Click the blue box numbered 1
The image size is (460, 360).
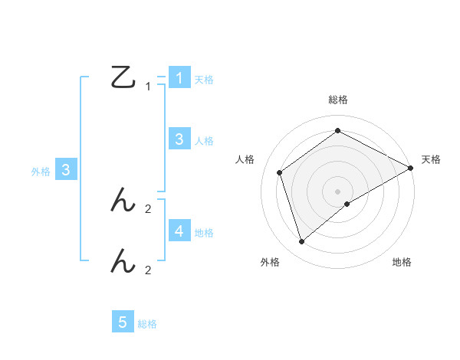[179, 77]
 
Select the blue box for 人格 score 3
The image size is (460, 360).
[179, 139]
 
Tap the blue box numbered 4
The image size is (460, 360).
[179, 231]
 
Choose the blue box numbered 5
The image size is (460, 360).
[123, 322]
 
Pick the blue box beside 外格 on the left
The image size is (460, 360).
[66, 170]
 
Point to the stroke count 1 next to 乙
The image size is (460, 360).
[148, 87]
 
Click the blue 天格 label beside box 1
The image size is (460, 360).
[204, 79]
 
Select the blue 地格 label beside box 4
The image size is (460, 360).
[204, 232]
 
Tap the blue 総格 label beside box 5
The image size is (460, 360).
[147, 324]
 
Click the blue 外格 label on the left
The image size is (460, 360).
[41, 172]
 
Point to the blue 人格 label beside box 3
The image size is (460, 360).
[204, 140]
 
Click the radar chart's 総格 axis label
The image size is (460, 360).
[337, 100]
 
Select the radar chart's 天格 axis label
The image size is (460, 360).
[431, 159]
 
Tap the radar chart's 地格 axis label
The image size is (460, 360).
[402, 262]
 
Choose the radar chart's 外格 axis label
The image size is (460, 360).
[270, 262]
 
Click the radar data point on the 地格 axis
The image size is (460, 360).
[347, 204]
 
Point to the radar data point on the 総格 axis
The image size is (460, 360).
[337, 131]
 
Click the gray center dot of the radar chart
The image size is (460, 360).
[337, 191]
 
